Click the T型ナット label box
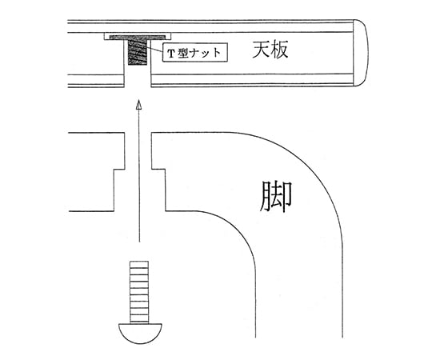pos(194,52)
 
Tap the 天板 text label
pos(270,50)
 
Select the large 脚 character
pos(275,196)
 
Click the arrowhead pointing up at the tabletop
pos(139,105)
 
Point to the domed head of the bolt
pos(140,334)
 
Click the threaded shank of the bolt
pos(139,292)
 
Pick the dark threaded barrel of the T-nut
pos(138,52)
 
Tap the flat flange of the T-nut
pos(138,37)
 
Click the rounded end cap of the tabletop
pos(360,53)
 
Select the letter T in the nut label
pos(171,54)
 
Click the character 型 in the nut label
pos(182,53)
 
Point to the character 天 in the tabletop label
pos(261,50)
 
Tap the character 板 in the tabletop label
pos(279,50)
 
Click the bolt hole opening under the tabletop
pos(138,77)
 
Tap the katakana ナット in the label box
pos(206,53)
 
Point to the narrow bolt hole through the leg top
pos(138,150)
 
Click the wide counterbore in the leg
pos(140,190)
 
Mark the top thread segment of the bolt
pos(139,264)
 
